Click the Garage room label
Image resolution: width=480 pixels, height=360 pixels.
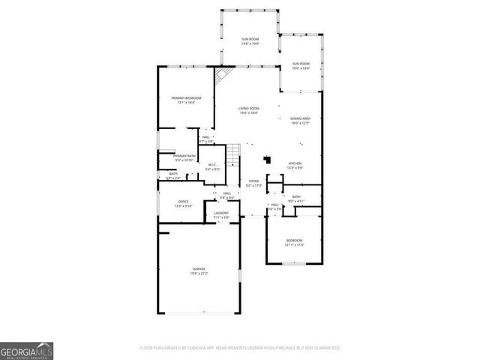click(199, 271)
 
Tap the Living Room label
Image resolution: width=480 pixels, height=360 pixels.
click(249, 111)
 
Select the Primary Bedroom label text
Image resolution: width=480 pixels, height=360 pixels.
click(186, 100)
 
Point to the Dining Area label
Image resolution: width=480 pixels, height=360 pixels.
click(301, 121)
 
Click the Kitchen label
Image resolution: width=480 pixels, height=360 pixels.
click(295, 166)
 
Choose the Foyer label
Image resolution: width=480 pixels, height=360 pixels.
click(254, 183)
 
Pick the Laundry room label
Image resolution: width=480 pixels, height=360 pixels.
click(221, 215)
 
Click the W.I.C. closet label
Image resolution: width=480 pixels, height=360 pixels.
click(212, 166)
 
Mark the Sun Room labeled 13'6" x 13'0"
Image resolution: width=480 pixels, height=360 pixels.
click(250, 41)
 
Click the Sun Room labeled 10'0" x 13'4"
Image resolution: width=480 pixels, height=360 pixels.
click(301, 66)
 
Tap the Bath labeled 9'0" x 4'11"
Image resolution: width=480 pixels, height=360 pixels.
click(297, 199)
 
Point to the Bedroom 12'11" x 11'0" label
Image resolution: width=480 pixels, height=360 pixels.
click(293, 242)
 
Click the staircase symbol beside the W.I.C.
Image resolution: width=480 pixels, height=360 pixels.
click(235, 156)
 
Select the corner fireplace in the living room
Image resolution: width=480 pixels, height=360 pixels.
click(222, 76)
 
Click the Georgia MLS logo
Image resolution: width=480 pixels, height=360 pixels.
click(26, 350)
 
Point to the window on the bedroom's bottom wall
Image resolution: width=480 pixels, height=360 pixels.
click(294, 263)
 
